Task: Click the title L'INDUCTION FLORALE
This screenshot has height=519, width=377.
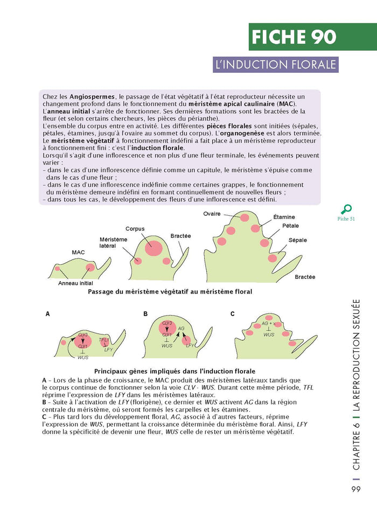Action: coord(275,65)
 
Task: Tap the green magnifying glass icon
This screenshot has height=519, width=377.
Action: coord(346,209)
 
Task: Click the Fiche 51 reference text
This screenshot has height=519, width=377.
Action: coord(346,218)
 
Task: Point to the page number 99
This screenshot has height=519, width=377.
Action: coord(355,489)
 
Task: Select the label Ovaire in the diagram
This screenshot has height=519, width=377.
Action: coord(212,214)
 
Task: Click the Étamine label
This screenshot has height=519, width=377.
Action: coord(284,217)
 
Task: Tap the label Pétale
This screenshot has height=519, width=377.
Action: coord(290,226)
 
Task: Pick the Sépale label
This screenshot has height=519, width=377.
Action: coord(297,240)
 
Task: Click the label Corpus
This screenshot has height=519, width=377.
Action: coord(135,229)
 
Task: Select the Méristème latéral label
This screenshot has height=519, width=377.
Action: coord(113,242)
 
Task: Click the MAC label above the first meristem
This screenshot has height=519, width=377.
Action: coord(78,252)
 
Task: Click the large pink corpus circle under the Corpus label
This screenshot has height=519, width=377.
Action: coord(153,248)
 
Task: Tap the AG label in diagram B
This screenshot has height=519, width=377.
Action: coord(181,328)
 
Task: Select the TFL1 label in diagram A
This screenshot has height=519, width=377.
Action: coord(103,340)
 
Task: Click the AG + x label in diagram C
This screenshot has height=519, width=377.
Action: coord(268,323)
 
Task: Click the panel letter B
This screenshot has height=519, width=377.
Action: coord(145,313)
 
